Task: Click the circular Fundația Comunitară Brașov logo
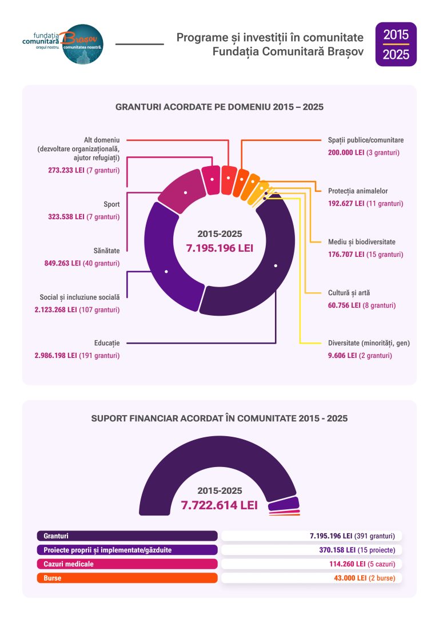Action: (83, 45)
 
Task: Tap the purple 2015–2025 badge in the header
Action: (396, 45)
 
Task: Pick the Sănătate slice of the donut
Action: (185, 191)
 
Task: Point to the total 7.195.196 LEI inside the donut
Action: (219, 248)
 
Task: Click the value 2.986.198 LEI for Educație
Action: (56, 356)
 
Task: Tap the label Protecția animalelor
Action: (358, 191)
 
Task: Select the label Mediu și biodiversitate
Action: (361, 242)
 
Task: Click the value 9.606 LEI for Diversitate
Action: (342, 356)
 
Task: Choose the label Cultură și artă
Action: (349, 293)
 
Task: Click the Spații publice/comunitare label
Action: (366, 140)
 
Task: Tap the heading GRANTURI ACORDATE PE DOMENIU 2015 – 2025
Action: (219, 107)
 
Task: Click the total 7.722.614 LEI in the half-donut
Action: (219, 505)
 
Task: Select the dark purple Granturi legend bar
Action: (127, 536)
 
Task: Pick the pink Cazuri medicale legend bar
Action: (127, 564)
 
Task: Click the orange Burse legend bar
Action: (127, 578)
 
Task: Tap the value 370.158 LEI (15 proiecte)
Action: (357, 550)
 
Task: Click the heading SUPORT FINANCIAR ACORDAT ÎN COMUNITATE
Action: (219, 418)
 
